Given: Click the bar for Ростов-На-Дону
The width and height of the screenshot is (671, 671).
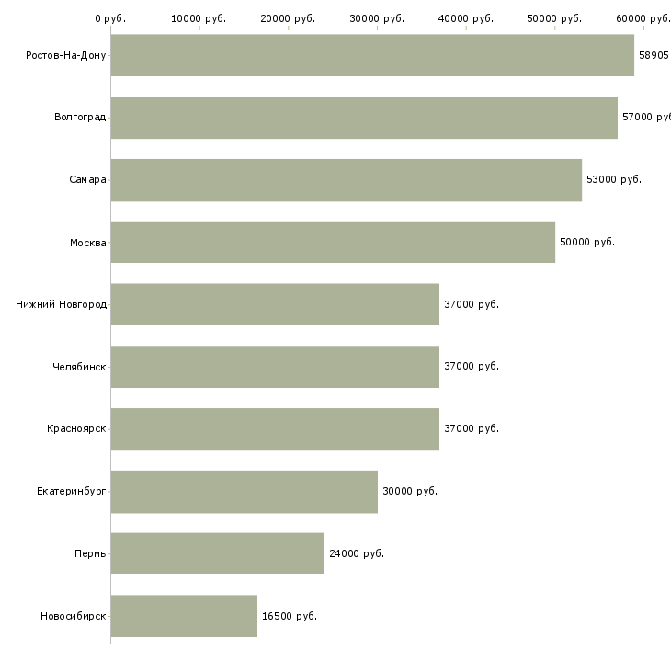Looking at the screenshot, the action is [372, 55].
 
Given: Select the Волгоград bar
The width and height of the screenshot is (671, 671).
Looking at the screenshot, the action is [364, 118].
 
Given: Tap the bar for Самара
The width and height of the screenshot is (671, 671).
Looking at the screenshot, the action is [347, 180].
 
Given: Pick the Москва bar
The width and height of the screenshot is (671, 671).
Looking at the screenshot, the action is [333, 243].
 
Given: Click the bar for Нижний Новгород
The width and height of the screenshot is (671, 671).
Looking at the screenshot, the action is [275, 304].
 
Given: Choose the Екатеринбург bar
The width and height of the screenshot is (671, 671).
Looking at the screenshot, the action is [245, 492].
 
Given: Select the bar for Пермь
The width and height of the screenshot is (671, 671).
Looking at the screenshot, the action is [218, 553].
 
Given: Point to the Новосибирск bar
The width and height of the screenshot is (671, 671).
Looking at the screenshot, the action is [184, 616].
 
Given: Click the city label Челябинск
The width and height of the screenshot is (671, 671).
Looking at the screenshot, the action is [79, 367].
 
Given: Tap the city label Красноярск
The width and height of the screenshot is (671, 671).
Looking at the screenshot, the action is [76, 428].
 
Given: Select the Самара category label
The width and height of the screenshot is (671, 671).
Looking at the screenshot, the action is [87, 180].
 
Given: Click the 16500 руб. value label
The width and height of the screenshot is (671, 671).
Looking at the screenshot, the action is [290, 616].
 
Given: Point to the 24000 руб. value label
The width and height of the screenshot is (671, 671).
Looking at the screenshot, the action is [357, 553].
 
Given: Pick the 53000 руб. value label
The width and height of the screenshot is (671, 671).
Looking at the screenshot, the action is [614, 179].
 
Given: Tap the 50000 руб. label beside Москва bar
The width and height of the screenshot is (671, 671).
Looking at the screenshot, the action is [587, 242].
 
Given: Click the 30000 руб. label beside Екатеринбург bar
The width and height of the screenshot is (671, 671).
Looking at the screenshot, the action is [410, 491].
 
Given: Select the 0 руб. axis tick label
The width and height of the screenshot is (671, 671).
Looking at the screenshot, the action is [110, 18].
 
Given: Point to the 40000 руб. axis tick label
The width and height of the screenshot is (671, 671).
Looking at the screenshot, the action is [466, 18].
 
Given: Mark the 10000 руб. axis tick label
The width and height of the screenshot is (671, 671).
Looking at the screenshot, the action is [199, 18].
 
